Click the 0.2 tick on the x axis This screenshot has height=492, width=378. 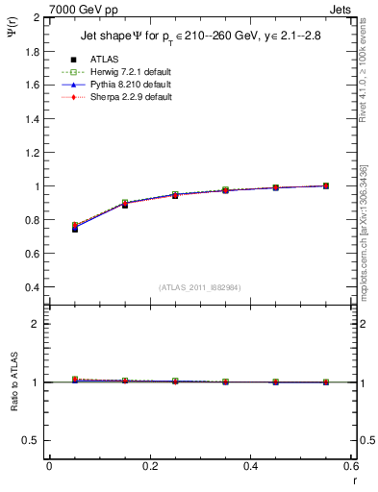tap(149, 466)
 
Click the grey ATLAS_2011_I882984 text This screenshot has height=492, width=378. tap(199, 287)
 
